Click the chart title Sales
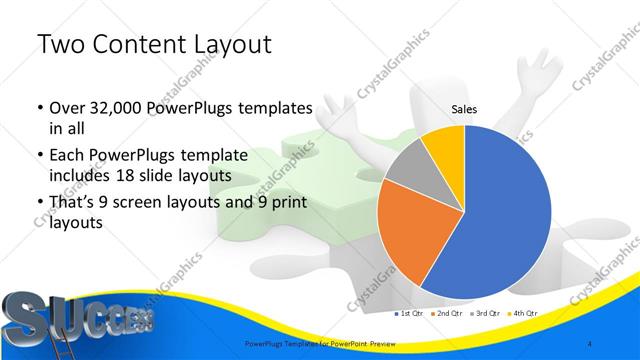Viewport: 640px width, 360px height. pos(463,109)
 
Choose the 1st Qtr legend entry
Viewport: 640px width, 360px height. pos(411,314)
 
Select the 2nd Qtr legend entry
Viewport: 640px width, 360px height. pos(448,314)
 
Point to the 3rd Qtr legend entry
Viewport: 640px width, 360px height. pos(485,314)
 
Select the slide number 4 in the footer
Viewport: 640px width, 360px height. pos(592,344)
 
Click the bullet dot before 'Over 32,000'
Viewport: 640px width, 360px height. pos(39,108)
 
